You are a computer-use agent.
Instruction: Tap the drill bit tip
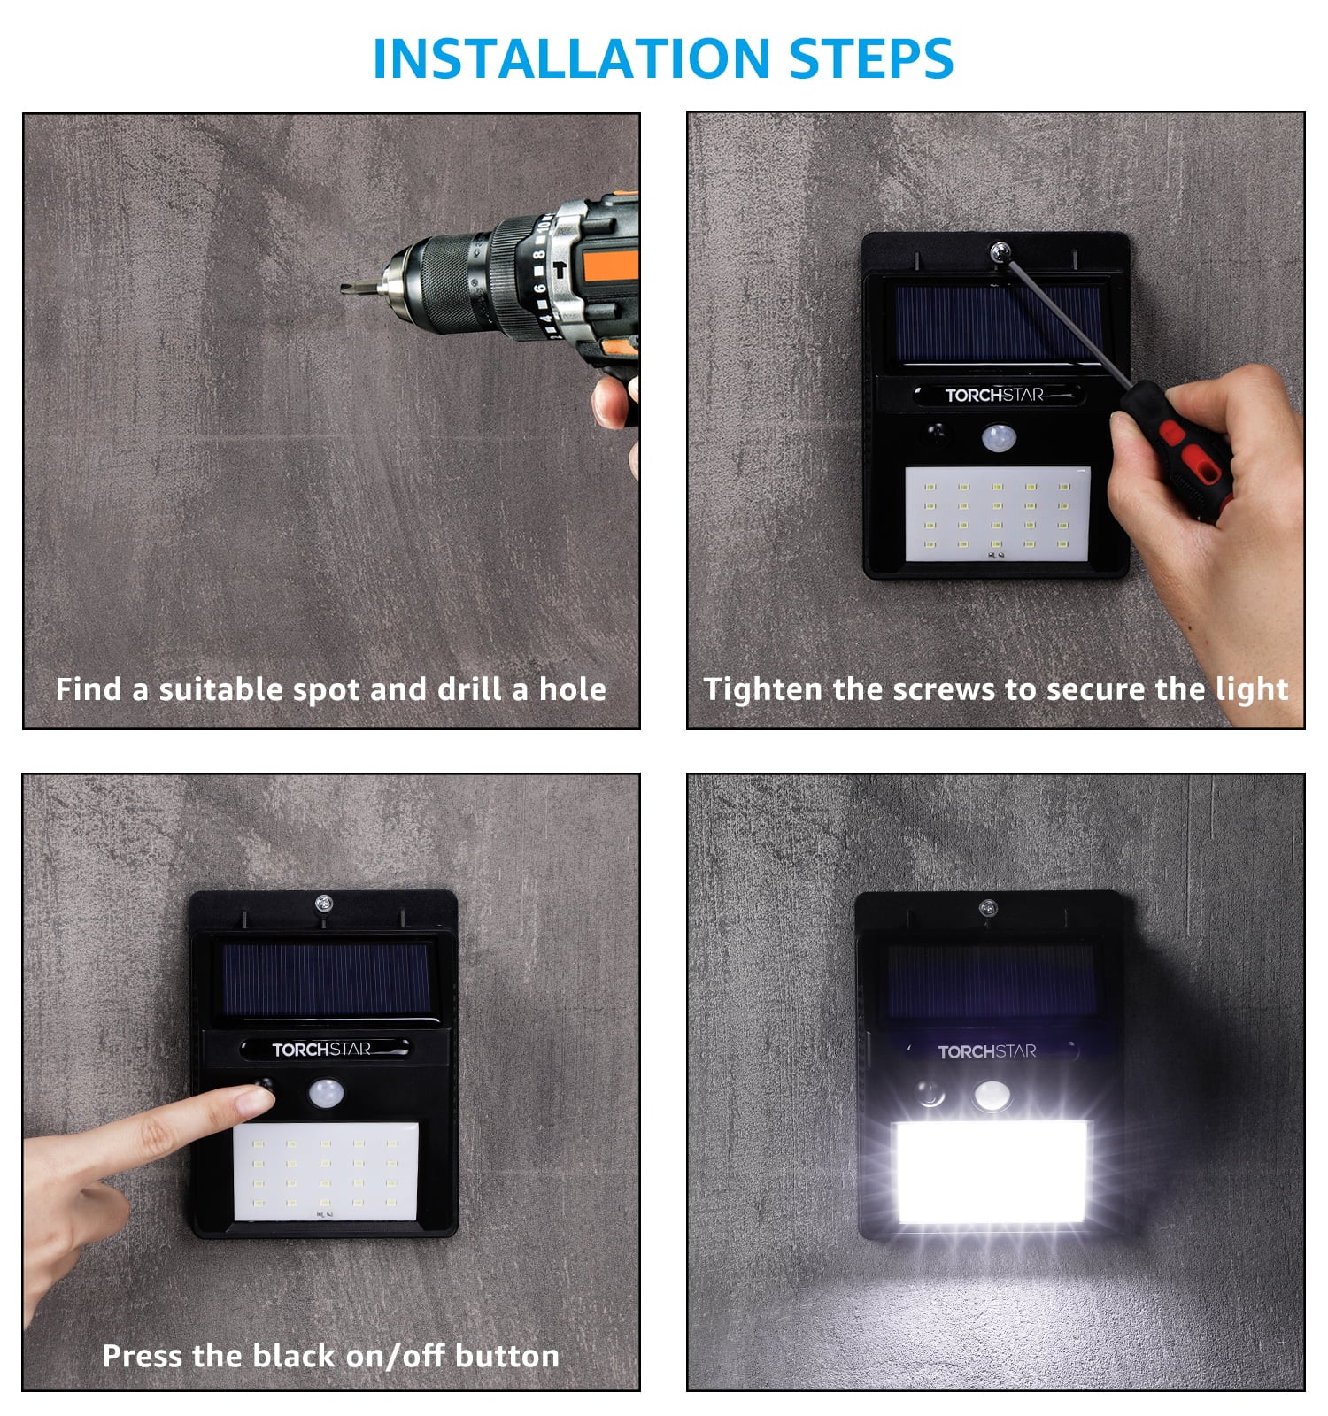click(346, 288)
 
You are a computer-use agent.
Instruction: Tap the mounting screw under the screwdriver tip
click(1001, 252)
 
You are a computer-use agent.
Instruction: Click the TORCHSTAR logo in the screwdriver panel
click(994, 395)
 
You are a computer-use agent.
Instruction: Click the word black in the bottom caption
click(292, 1356)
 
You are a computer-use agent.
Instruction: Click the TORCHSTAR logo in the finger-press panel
click(321, 1050)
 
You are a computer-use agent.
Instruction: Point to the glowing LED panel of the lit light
click(992, 1173)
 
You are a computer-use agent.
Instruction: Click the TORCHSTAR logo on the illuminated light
click(987, 1051)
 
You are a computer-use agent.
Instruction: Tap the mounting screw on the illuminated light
click(988, 907)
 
